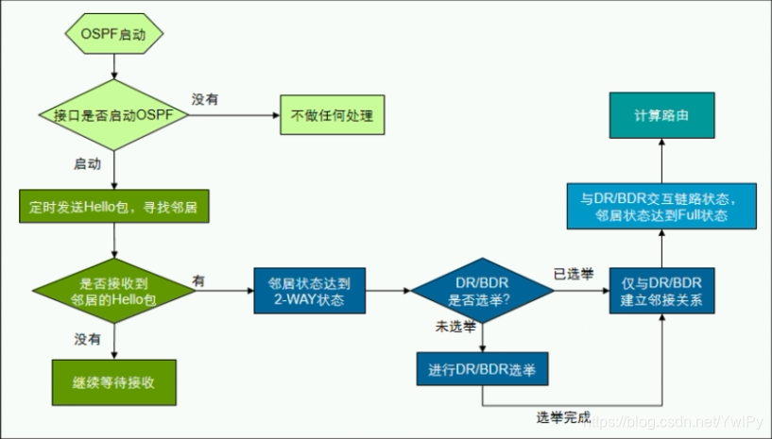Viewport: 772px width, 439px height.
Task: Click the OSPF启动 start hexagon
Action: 114,34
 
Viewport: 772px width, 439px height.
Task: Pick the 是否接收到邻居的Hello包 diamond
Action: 113,289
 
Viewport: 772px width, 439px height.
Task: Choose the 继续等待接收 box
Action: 113,383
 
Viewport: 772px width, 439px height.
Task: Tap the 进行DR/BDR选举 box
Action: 482,367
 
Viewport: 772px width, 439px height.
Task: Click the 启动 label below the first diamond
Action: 87,163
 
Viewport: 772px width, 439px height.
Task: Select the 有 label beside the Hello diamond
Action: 198,280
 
